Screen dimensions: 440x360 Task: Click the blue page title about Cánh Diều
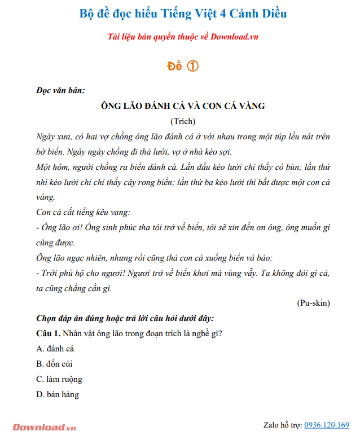[183, 13]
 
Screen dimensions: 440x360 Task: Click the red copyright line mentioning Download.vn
[183, 37]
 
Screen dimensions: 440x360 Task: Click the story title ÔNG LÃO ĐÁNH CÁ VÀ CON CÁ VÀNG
[183, 106]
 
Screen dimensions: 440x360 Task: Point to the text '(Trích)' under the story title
[183, 121]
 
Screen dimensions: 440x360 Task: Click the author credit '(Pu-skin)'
[313, 303]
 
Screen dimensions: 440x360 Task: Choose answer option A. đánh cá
[55, 349]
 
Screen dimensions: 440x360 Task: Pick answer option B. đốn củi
[54, 364]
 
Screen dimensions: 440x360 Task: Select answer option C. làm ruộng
[59, 379]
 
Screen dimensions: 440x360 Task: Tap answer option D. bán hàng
[58, 394]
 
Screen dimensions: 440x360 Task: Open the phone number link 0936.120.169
[327, 425]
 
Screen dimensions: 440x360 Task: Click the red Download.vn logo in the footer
[43, 427]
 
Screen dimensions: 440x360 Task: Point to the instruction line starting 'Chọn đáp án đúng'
[125, 318]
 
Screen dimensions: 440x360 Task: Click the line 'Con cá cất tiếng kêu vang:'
[83, 213]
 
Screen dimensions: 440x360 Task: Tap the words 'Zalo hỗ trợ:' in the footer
[283, 425]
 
